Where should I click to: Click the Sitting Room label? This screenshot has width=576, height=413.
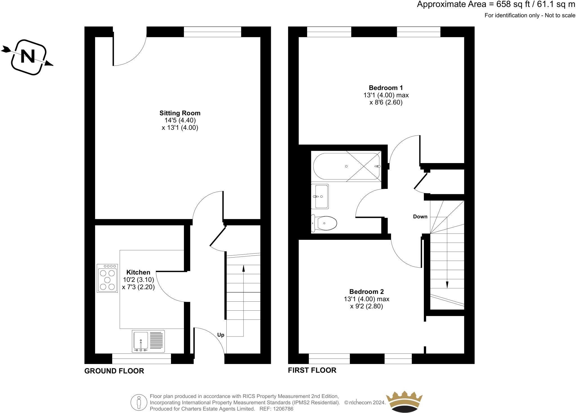point(180,113)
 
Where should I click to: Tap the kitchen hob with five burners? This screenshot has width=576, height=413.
point(107,278)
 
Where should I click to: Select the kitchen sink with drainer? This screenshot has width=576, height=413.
point(148,341)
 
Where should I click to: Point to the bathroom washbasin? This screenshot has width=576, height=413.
point(320,196)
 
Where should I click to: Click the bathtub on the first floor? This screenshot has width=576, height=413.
point(346,166)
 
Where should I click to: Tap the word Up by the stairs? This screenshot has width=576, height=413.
point(220,335)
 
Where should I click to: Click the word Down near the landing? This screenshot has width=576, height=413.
point(420,216)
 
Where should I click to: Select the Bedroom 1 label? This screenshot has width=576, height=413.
point(386,88)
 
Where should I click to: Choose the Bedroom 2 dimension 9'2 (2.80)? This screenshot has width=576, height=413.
point(366,306)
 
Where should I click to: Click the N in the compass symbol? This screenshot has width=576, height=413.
point(28,57)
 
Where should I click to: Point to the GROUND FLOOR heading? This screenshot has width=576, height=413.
point(114,371)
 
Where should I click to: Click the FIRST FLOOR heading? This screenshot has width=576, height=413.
point(312,370)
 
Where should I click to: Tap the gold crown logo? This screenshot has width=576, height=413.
point(404,401)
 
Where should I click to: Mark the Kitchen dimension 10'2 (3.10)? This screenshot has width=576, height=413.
point(138,280)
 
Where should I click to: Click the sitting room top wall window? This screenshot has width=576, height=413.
point(212,32)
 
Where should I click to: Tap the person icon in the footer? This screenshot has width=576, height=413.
point(139,402)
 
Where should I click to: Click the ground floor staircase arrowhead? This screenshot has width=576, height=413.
point(244,268)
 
